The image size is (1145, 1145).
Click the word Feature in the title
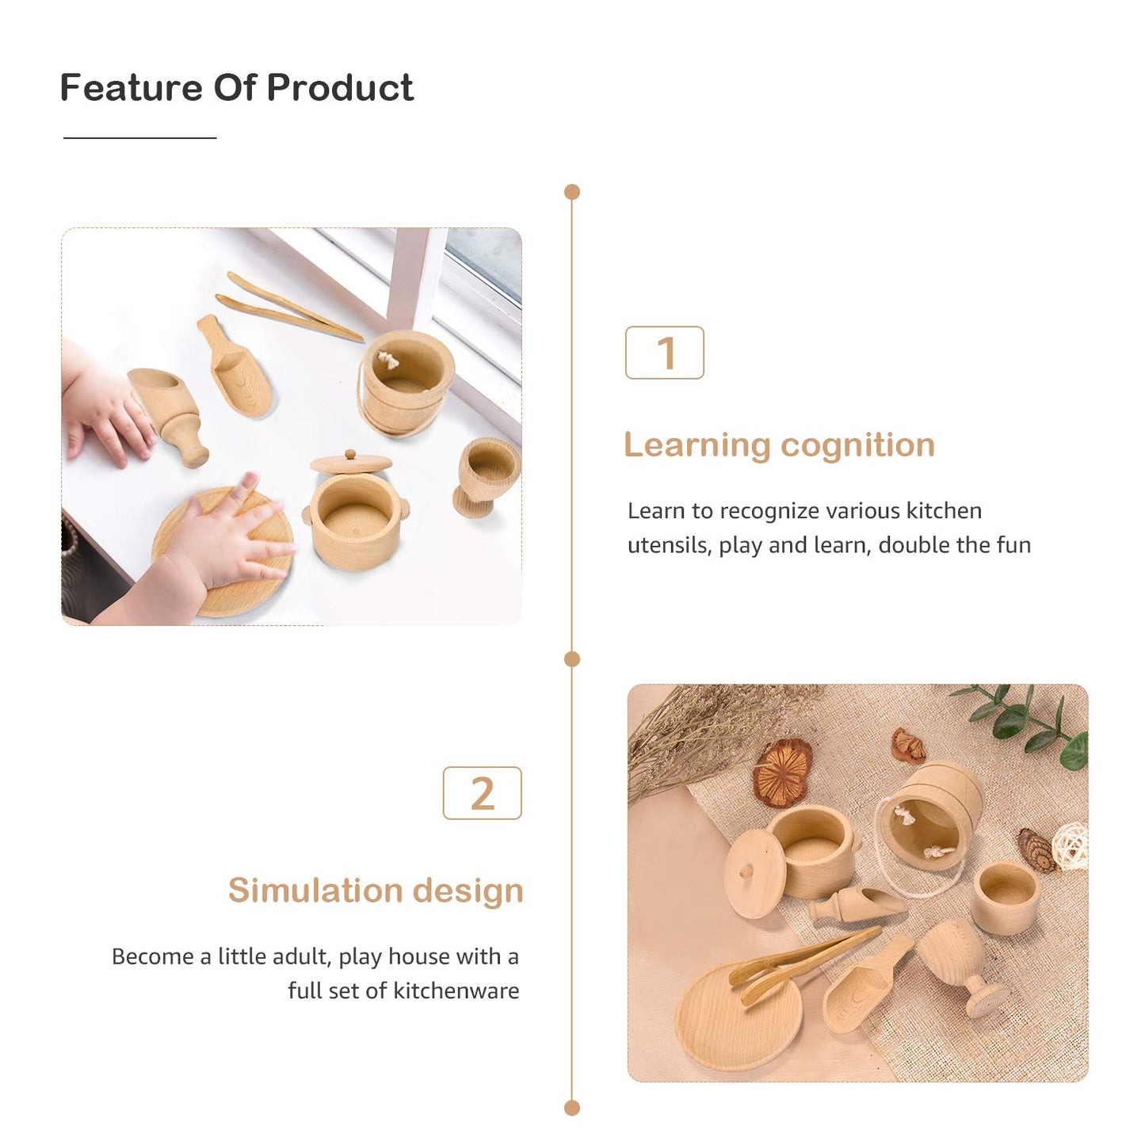[x=131, y=87]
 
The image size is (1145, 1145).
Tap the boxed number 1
[x=665, y=353]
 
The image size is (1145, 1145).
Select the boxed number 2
[x=482, y=793]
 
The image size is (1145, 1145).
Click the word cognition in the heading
[x=857, y=445]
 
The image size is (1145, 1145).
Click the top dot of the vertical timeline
[x=572, y=192]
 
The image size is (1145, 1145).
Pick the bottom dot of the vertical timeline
[x=572, y=1108]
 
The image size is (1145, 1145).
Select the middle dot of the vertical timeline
[x=572, y=659]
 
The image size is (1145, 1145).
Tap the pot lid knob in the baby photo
[x=349, y=455]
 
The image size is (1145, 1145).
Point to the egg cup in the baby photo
[x=485, y=473]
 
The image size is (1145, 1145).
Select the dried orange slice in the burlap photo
[x=782, y=772]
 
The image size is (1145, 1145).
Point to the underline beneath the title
[x=139, y=138]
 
